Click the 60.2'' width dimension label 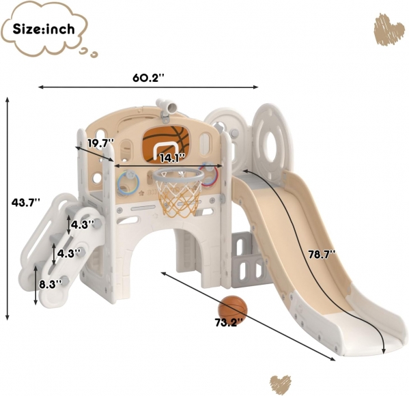[x=148, y=77]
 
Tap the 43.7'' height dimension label [x=26, y=202]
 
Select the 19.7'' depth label [x=100, y=143]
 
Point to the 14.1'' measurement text [x=172, y=158]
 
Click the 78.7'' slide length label [x=322, y=254]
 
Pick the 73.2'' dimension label [x=229, y=323]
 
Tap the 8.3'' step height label [x=51, y=284]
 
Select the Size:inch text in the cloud [x=44, y=29]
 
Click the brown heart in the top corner [x=389, y=29]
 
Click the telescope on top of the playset [x=167, y=107]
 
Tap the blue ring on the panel [x=128, y=182]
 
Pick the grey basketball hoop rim [x=178, y=175]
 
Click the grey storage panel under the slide [x=248, y=259]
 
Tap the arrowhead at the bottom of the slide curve [x=383, y=350]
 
